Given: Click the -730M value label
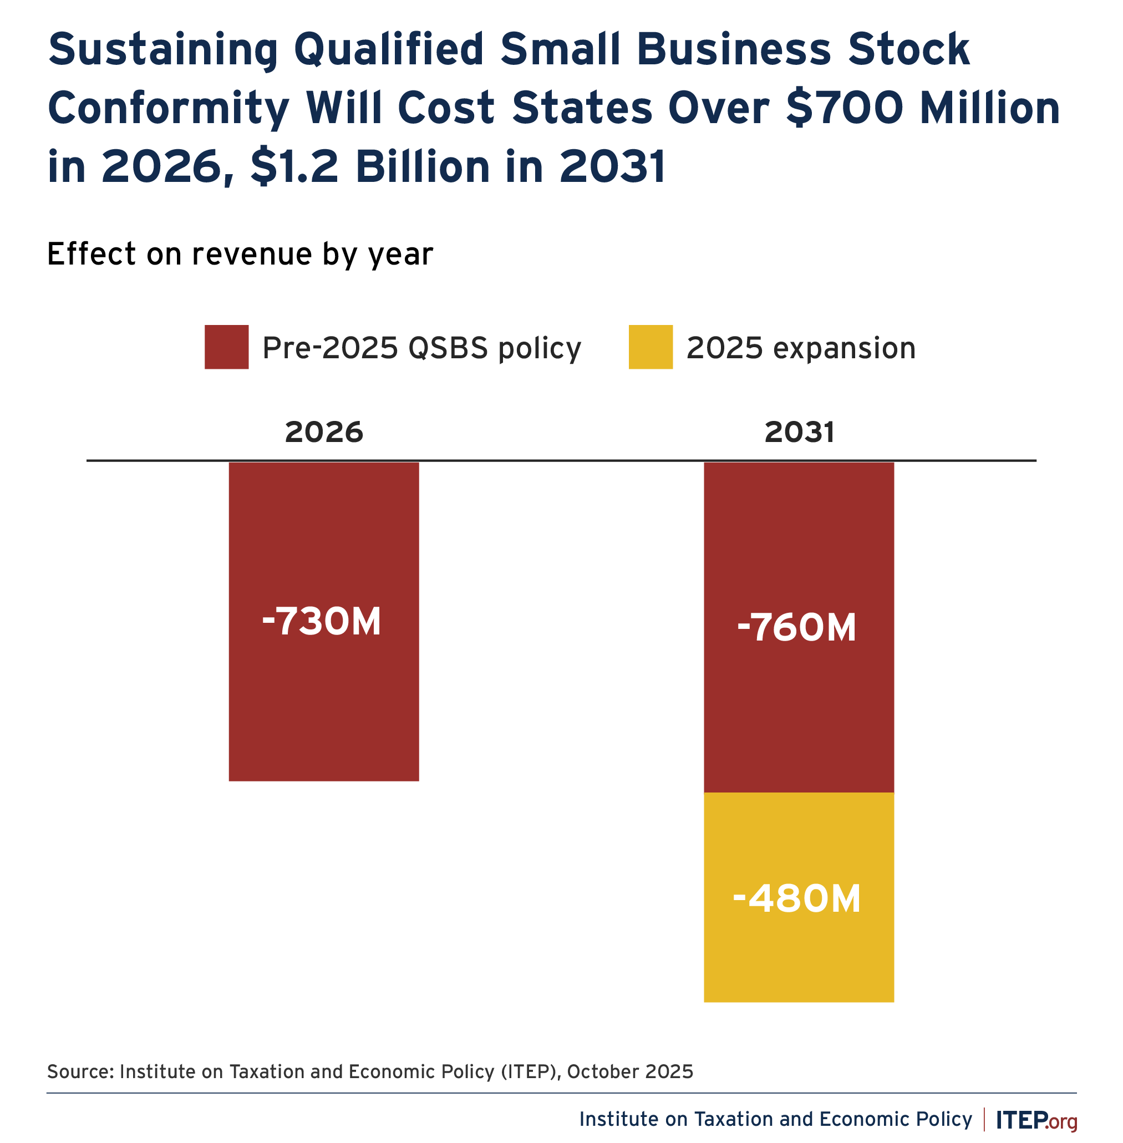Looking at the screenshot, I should pos(322,622).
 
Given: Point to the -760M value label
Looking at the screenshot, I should pos(796,628).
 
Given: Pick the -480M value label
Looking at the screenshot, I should pos(796,900).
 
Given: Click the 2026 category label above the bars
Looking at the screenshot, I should pos(324,433).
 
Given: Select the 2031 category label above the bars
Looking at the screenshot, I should pos(799,433).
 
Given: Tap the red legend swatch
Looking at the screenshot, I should pos(226,347).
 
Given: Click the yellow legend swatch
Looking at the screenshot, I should pos(650,347).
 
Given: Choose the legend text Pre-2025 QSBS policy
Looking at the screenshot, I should pos(421,348).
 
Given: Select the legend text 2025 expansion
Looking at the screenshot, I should pos(800,348).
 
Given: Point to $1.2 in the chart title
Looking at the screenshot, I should pos(294,167).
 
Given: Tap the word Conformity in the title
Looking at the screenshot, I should pos(168,109).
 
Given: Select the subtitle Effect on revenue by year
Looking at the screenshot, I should pos(240,255).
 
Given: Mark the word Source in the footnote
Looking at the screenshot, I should pos(80,1071).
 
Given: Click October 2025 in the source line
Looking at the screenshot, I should pos(629,1071).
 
